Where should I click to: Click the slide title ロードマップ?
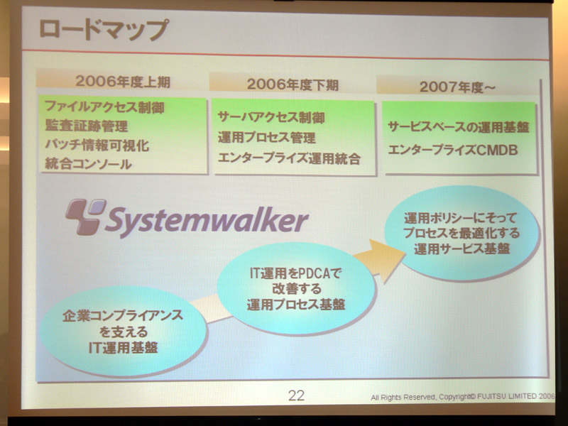103,29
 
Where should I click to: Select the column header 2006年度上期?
123,82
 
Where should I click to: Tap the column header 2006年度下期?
293,84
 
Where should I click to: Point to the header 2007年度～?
457,87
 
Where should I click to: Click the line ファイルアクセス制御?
104,107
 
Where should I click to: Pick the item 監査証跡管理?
87,126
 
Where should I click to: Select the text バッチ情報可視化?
97,145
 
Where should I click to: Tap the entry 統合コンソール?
88,164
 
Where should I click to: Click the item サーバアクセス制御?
271,117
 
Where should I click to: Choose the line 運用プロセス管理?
267,138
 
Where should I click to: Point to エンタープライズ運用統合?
289,158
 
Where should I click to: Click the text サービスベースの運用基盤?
459,127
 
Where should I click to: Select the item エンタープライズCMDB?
453,150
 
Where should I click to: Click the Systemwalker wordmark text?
207,221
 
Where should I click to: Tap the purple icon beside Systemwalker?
85,217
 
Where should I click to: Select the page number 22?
296,395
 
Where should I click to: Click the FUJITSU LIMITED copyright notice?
463,397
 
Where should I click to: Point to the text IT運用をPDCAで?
296,273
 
